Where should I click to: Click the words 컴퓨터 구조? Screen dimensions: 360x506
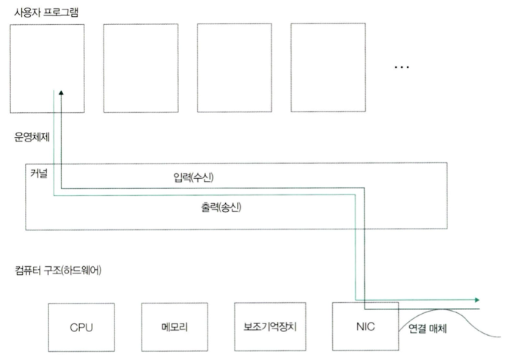36,270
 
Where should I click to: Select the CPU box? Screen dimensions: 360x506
81,326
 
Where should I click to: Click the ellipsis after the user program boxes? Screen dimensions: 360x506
402,67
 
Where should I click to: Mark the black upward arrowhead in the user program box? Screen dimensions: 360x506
61,94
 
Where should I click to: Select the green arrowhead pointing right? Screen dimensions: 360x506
477,300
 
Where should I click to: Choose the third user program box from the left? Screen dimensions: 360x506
231,67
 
